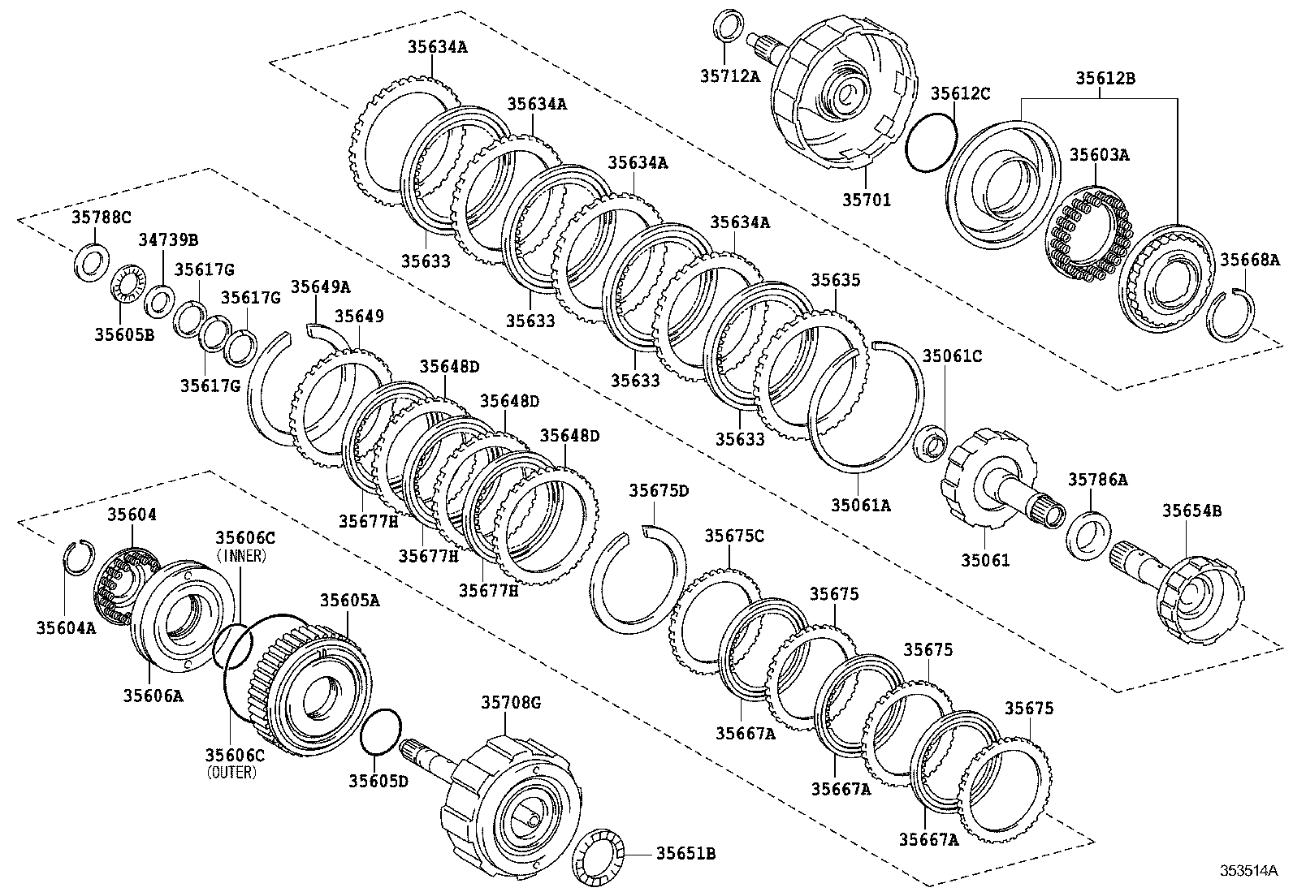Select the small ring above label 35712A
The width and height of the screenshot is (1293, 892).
click(728, 24)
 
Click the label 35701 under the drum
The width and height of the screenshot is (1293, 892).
click(865, 199)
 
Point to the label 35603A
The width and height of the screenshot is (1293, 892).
click(1099, 154)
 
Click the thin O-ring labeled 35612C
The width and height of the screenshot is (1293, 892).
click(932, 141)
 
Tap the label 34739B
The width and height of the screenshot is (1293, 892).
click(167, 240)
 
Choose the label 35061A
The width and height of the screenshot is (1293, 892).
click(860, 506)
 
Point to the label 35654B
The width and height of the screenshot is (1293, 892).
click(1191, 511)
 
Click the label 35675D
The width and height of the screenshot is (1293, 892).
click(659, 491)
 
